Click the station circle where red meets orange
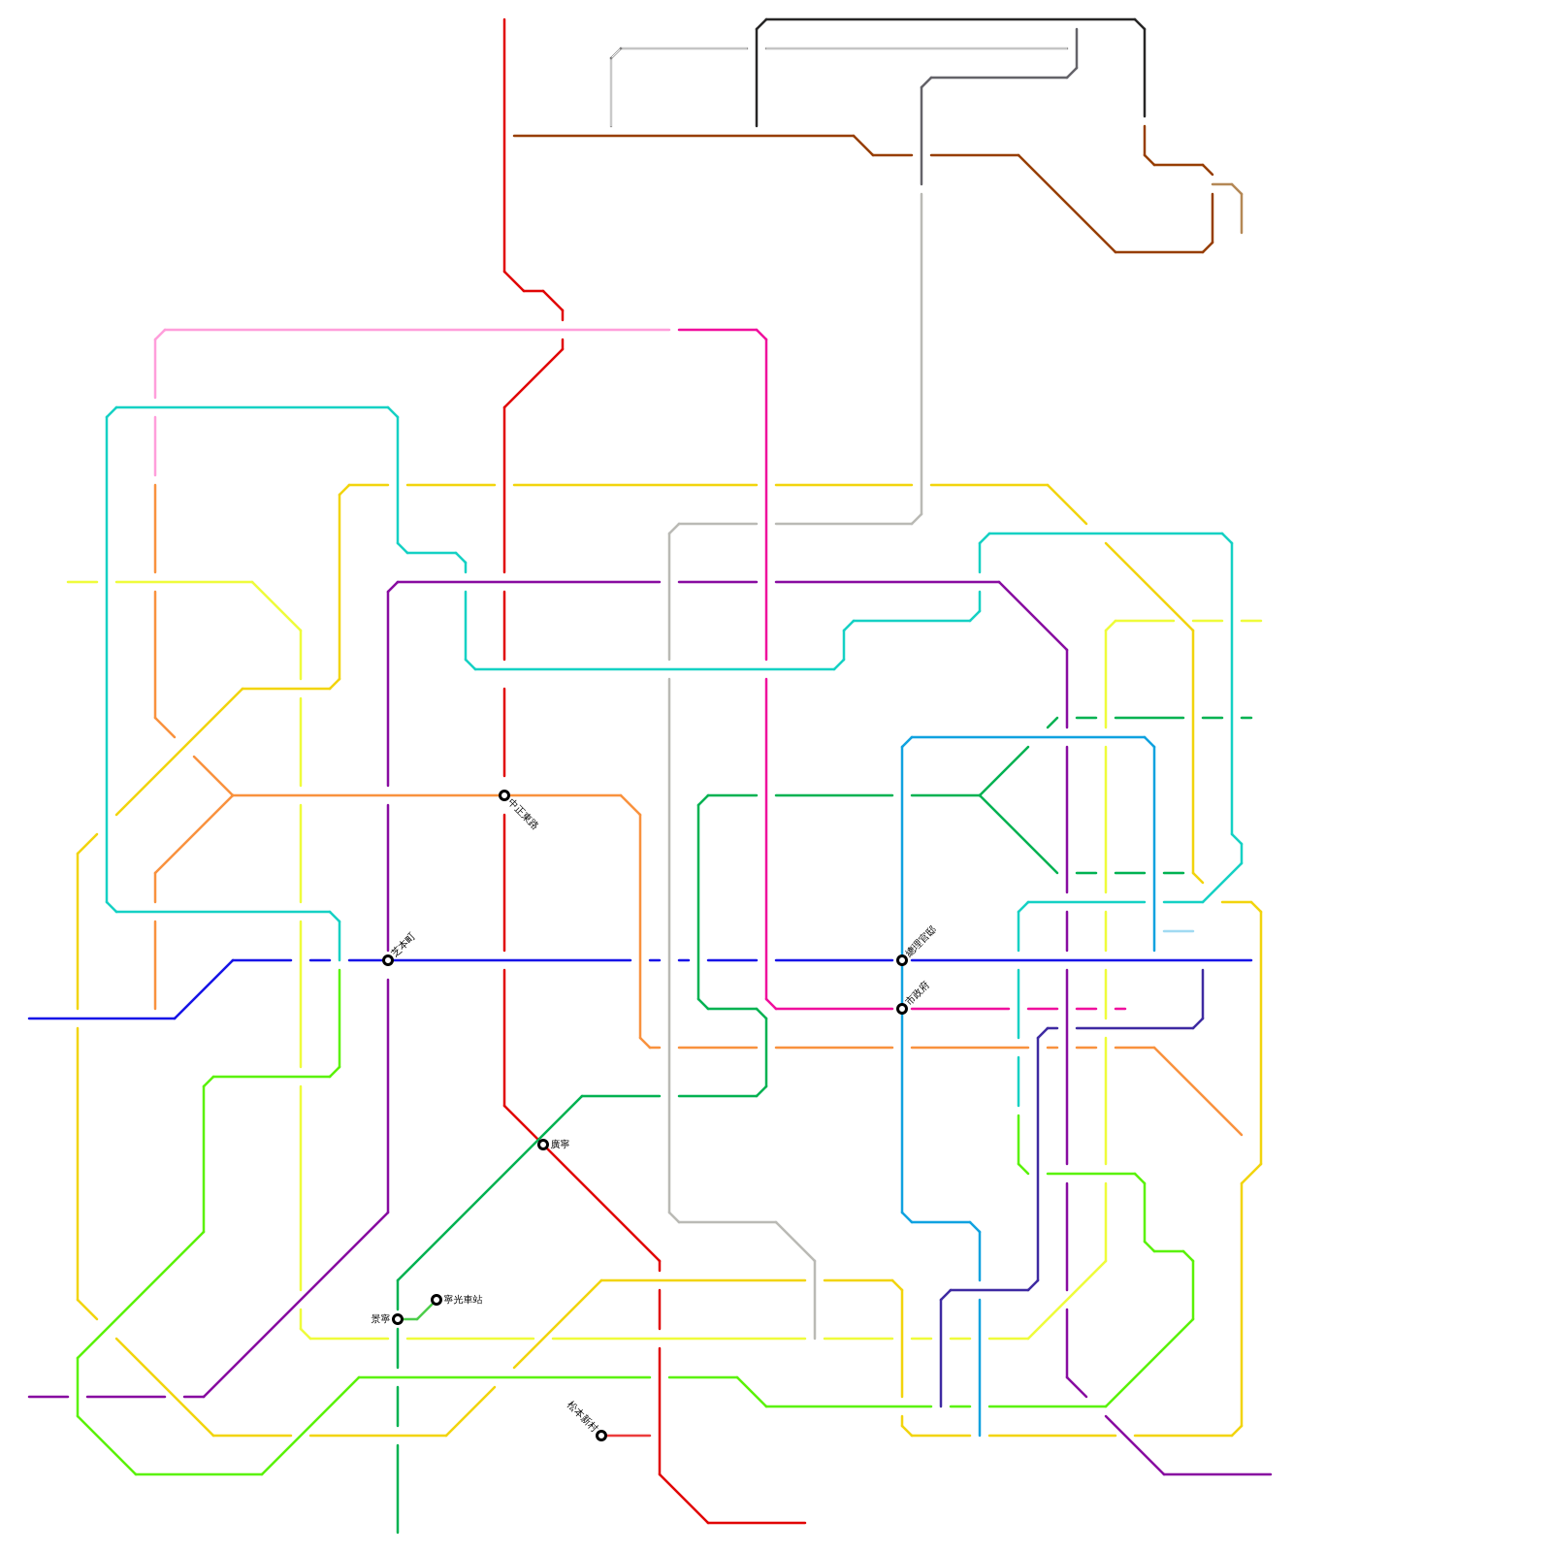click(x=504, y=795)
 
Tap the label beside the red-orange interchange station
click(x=524, y=814)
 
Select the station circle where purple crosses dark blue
click(x=388, y=960)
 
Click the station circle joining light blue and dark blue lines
click(x=902, y=960)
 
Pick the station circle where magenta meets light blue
click(x=902, y=1009)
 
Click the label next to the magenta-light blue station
click(x=918, y=993)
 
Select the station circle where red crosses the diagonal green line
click(x=543, y=1145)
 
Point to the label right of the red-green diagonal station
click(x=561, y=1145)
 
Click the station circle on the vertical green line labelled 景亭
click(x=398, y=1319)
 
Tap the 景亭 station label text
click(x=380, y=1319)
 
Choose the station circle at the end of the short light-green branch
click(x=436, y=1300)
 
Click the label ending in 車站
click(x=463, y=1300)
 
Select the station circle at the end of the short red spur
click(x=601, y=1436)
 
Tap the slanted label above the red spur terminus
click(x=582, y=1417)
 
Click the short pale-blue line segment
click(x=1179, y=931)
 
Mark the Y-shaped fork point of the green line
click(x=980, y=795)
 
